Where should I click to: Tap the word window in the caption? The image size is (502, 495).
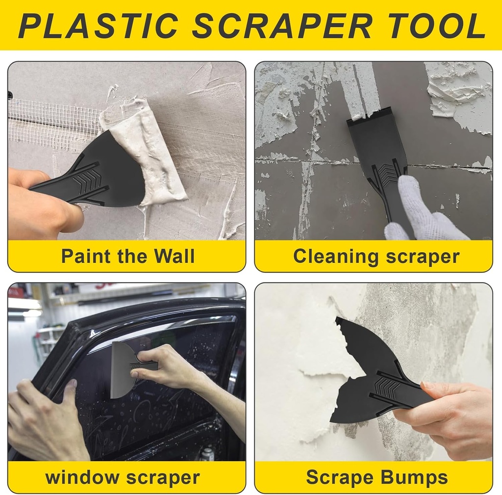[82, 477]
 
